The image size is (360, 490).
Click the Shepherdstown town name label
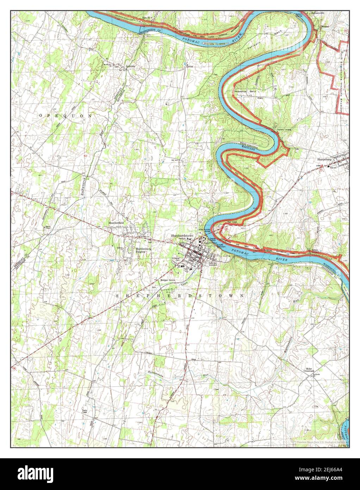pyautogui.click(x=182, y=236)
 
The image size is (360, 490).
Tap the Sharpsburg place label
pyautogui.click(x=324, y=159)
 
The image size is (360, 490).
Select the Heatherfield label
pyautogui.click(x=117, y=223)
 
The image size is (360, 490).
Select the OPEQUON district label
pyautogui.click(x=66, y=116)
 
